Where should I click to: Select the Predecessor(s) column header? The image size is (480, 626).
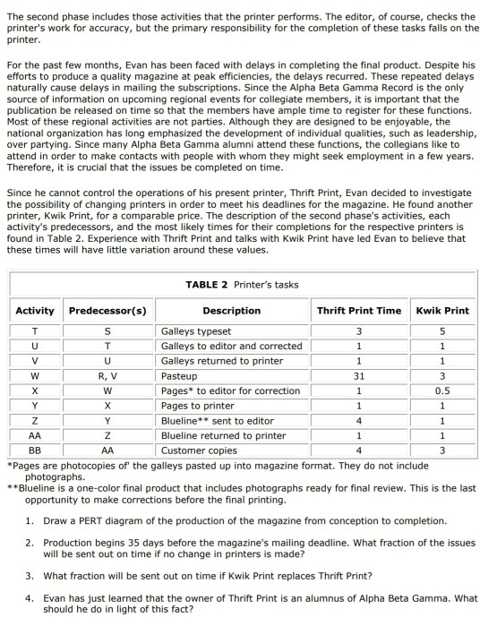click(x=107, y=311)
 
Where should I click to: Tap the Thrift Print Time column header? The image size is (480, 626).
click(x=358, y=311)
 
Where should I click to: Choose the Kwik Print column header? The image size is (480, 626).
click(x=442, y=311)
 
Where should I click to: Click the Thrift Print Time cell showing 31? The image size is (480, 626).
click(x=358, y=377)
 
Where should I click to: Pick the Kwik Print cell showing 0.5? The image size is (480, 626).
click(x=442, y=391)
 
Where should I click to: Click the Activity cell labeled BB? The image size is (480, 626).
click(x=35, y=450)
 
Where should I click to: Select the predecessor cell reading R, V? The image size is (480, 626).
click(x=107, y=377)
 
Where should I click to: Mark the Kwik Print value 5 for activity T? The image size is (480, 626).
click(x=442, y=332)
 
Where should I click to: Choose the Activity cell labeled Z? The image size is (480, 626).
click(x=35, y=421)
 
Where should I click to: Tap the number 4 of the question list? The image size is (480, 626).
click(x=29, y=598)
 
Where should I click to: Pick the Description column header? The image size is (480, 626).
click(x=231, y=311)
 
